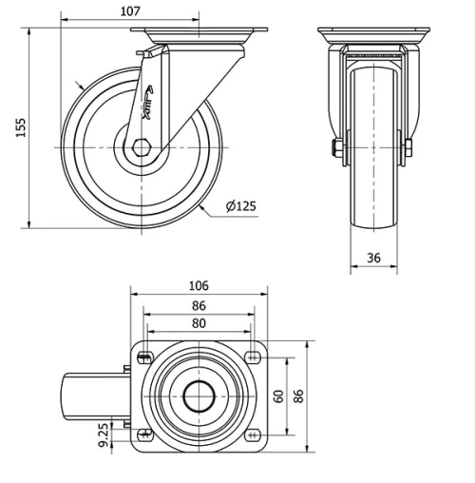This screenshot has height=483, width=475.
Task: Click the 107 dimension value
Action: click(x=131, y=10)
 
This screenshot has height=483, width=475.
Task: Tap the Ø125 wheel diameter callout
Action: click(x=241, y=206)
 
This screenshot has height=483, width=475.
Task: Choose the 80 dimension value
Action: click(x=199, y=323)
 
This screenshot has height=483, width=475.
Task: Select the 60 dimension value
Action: click(x=278, y=396)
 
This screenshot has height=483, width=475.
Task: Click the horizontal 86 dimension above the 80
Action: click(x=199, y=306)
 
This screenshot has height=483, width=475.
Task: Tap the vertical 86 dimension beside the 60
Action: click(x=300, y=396)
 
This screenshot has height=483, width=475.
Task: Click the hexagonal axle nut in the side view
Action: click(x=141, y=147)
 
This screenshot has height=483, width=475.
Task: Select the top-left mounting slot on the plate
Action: click(x=144, y=357)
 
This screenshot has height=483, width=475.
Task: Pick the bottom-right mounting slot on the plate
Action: click(x=253, y=435)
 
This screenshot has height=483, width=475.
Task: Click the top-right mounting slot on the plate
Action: click(x=253, y=357)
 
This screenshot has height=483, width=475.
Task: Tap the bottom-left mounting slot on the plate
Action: click(x=144, y=435)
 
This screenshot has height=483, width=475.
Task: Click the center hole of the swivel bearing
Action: click(x=199, y=396)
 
